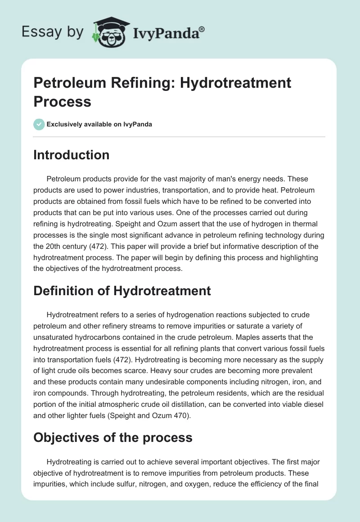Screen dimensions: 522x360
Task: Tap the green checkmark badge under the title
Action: [39, 124]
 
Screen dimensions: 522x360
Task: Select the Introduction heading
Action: [72, 155]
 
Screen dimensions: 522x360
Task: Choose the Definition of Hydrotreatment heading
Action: [122, 291]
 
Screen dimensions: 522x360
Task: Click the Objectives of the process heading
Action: [113, 437]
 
